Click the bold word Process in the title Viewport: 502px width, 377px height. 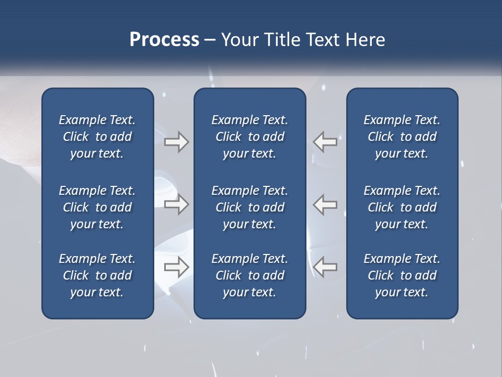(x=164, y=40)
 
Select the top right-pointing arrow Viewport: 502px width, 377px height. (x=177, y=142)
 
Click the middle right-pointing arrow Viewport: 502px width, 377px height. (x=177, y=205)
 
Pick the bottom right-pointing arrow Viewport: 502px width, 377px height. (x=177, y=268)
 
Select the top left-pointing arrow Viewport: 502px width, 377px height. (x=325, y=142)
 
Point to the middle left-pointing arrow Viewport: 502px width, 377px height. (x=325, y=205)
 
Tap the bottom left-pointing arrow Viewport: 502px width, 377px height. (x=325, y=268)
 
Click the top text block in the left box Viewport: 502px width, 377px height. (x=97, y=137)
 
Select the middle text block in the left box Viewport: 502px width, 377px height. (x=97, y=207)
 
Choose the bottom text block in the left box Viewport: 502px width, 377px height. (x=97, y=275)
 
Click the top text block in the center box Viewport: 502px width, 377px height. (x=249, y=137)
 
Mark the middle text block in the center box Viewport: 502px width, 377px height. (x=249, y=207)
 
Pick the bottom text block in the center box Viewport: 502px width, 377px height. (x=249, y=275)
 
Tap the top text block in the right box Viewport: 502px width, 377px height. (x=402, y=137)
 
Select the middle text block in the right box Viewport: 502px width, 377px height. (x=402, y=207)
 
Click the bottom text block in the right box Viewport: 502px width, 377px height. (x=402, y=275)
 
